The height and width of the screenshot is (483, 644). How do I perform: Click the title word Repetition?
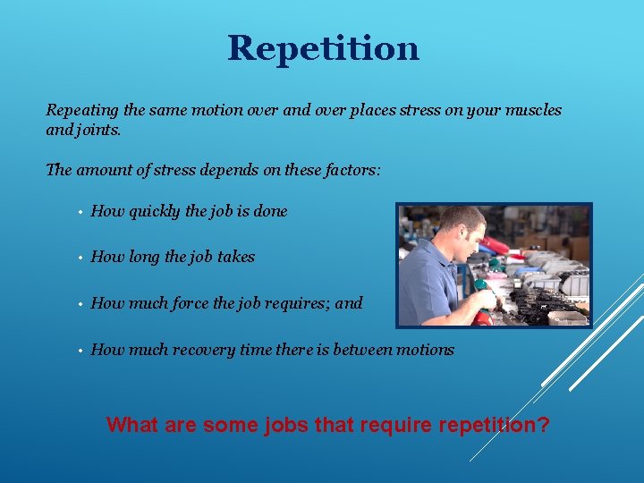click(x=323, y=48)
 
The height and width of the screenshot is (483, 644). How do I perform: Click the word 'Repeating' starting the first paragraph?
click(x=82, y=110)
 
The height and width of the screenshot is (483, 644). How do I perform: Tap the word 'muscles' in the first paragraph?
click(x=535, y=110)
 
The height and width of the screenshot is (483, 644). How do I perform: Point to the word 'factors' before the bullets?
click(x=353, y=169)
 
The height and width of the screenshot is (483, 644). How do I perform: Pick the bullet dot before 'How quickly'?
click(x=80, y=212)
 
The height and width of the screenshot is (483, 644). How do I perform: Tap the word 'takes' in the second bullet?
click(x=236, y=257)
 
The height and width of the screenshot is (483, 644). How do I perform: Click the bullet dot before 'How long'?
click(x=80, y=258)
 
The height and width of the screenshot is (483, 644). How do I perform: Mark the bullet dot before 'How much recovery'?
click(x=80, y=351)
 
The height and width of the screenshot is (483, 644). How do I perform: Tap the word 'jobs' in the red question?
click(x=286, y=425)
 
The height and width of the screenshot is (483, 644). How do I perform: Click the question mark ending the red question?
click(x=544, y=424)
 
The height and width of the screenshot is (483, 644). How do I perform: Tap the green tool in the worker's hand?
click(x=480, y=286)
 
